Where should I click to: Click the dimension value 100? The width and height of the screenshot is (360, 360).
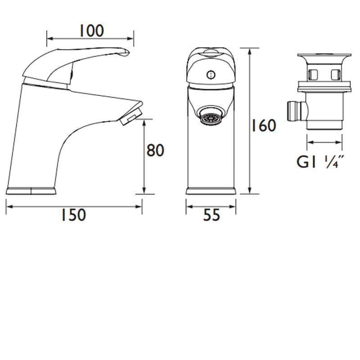click(91, 31)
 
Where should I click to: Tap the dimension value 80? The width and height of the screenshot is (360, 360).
click(156, 150)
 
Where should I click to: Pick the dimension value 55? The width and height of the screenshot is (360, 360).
click(211, 215)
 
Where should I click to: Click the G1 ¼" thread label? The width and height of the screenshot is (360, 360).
click(320, 162)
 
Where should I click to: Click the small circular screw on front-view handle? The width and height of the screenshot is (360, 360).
click(209, 75)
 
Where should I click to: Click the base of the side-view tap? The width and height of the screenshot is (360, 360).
click(31, 190)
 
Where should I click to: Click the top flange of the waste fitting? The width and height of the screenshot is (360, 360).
click(323, 58)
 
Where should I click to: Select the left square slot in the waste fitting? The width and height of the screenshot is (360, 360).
click(311, 73)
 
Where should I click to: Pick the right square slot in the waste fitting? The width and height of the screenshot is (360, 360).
click(335, 73)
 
